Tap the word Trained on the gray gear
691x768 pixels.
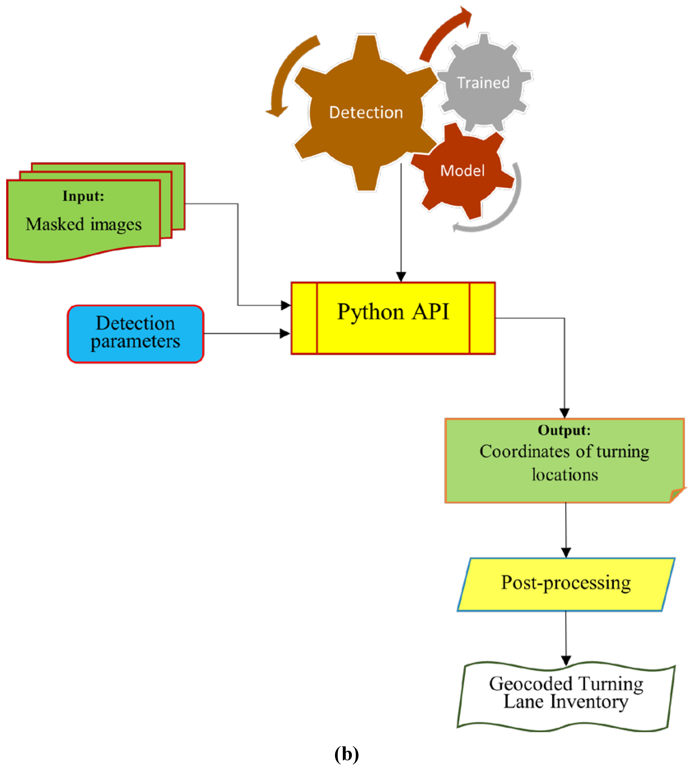[x=483, y=83]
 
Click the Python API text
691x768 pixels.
[x=393, y=312]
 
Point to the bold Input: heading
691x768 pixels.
[x=83, y=196]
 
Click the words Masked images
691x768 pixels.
[x=84, y=224]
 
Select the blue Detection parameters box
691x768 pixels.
[x=135, y=334]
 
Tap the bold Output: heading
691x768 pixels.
[x=564, y=430]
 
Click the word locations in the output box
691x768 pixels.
[x=565, y=475]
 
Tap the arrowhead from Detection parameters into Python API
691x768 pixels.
[x=285, y=334]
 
